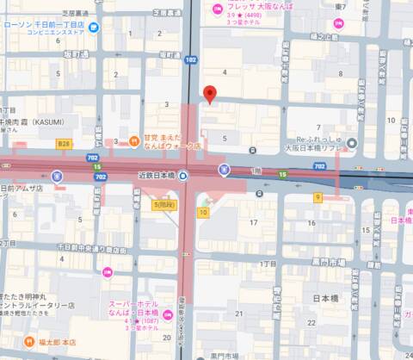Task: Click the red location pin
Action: pos(207,94)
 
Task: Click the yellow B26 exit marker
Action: pos(63,144)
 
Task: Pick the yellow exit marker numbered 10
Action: pos(203,211)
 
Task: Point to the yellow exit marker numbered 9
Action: pos(317,196)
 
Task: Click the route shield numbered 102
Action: pos(191,59)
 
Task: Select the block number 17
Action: pos(254,224)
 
